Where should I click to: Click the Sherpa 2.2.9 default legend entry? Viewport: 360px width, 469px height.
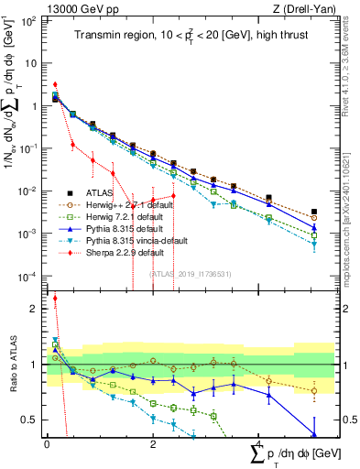(x=114, y=252)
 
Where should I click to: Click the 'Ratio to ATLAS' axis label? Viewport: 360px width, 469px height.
(x=12, y=364)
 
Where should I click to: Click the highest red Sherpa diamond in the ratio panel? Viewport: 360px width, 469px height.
(x=55, y=298)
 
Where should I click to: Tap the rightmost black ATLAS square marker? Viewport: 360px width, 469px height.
(x=314, y=212)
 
